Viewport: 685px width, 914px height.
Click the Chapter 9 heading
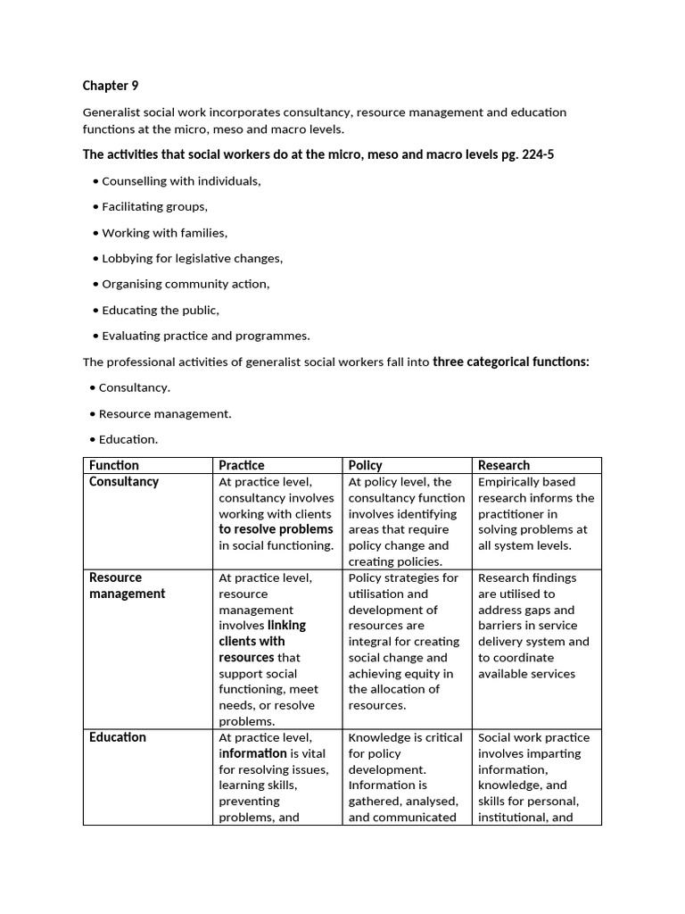point(111,86)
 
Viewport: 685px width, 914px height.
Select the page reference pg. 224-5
point(524,154)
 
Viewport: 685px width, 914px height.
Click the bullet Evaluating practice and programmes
point(205,336)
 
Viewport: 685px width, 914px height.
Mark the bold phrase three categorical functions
point(511,361)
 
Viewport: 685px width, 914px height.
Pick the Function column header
point(114,465)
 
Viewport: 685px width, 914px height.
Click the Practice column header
point(242,465)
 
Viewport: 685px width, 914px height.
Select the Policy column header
point(366,465)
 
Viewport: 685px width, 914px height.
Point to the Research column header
point(504,465)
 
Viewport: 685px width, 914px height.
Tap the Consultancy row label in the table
point(124,481)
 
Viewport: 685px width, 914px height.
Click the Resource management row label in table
point(127,586)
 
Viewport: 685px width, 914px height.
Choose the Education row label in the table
point(118,737)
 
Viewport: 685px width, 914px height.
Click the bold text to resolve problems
point(276,529)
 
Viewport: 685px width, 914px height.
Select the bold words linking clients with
point(261,633)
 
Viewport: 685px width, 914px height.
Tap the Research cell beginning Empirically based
point(536,513)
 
